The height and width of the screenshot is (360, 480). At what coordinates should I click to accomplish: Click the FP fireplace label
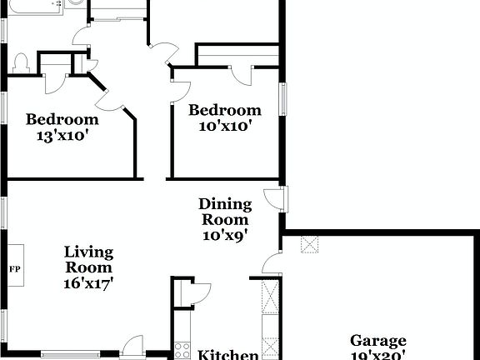(15, 268)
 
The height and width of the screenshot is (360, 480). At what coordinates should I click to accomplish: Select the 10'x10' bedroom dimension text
(223, 126)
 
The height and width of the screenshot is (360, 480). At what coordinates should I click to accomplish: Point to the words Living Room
(88, 259)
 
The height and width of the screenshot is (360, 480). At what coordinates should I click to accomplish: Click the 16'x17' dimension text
(88, 282)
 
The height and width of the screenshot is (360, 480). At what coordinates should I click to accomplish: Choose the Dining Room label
(224, 212)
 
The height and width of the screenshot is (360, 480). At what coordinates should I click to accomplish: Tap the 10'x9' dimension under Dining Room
(224, 236)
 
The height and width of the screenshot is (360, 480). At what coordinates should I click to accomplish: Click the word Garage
(377, 340)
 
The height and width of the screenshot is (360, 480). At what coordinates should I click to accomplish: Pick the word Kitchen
(227, 355)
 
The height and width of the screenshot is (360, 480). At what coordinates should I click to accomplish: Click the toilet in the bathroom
(21, 63)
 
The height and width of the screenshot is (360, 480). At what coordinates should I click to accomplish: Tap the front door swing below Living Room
(132, 347)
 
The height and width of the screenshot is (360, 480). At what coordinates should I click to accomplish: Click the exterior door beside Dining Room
(275, 199)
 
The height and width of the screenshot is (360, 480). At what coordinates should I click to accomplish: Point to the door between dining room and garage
(272, 263)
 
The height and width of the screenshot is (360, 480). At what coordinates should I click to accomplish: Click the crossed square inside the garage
(310, 244)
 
